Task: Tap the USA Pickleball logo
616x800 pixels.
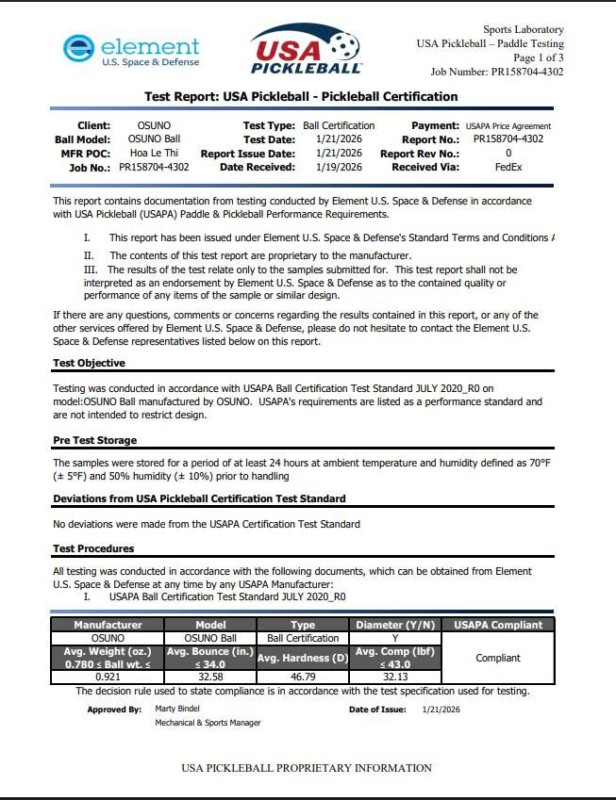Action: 307,49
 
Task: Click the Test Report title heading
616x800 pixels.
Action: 301,96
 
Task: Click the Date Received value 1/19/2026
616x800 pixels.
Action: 339,167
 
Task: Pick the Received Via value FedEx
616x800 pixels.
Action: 508,167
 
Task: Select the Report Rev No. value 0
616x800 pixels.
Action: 508,153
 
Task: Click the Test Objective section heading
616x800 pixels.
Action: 89,363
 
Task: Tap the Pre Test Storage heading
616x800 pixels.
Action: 94,440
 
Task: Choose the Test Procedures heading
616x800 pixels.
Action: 93,548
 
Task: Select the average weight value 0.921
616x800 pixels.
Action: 108,677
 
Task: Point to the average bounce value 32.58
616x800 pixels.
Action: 209,677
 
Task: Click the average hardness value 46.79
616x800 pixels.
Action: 302,677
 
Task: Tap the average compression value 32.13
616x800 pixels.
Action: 395,677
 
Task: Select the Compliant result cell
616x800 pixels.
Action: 497,658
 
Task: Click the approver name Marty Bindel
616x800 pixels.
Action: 177,709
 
